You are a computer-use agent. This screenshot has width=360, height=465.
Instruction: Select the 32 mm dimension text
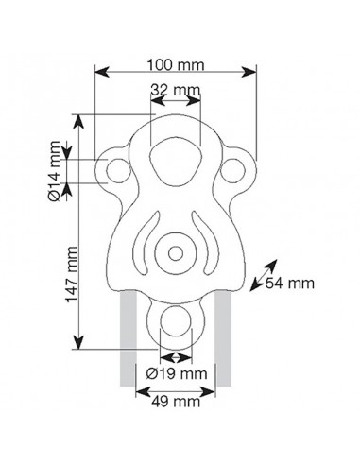(x=176, y=90)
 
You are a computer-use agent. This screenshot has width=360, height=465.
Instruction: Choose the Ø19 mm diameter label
(x=177, y=372)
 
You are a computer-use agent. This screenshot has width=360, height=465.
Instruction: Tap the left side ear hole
(x=119, y=171)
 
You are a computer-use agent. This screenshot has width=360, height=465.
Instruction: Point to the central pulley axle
(x=176, y=253)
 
